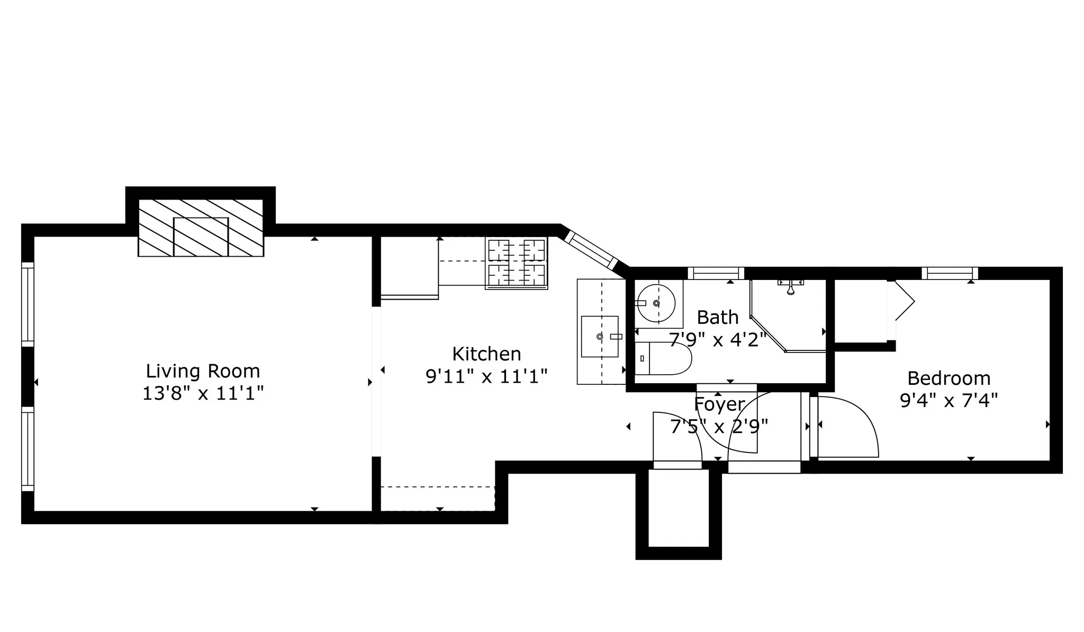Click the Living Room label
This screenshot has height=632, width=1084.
click(x=203, y=371)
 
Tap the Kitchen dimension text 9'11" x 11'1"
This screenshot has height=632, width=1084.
click(x=486, y=376)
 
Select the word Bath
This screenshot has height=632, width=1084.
click(x=717, y=317)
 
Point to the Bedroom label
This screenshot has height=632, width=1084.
click(x=948, y=378)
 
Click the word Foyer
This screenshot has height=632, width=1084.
click(x=719, y=404)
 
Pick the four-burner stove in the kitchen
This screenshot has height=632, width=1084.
click(x=516, y=263)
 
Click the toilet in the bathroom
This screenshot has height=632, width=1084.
click(x=663, y=358)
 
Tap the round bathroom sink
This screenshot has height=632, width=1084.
click(x=656, y=303)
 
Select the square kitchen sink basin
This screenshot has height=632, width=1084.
click(x=600, y=337)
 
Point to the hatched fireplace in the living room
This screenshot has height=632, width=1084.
click(x=201, y=228)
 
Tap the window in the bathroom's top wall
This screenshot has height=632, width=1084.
click(x=716, y=273)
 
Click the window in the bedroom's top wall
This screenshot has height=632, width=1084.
click(x=950, y=273)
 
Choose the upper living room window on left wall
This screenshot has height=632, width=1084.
click(x=28, y=304)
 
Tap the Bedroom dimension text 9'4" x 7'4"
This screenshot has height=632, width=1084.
click(x=948, y=401)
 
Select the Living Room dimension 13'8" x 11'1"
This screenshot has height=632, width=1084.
click(x=203, y=394)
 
